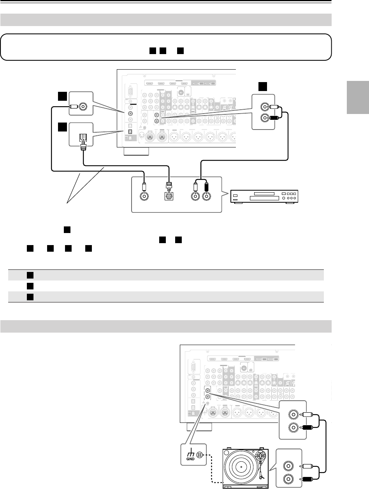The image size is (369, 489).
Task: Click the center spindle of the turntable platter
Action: (x=241, y=466)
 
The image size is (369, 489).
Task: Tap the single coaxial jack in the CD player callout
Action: (x=144, y=196)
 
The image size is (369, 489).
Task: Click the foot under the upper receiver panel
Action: (x=136, y=151)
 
